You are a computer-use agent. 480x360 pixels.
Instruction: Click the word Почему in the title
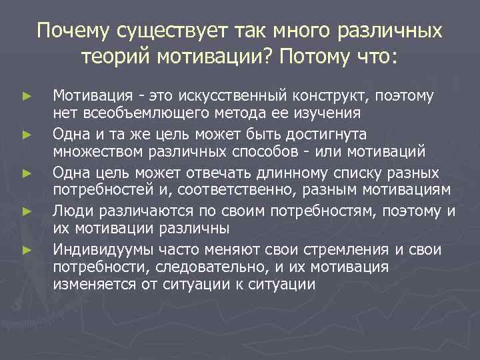[74, 31]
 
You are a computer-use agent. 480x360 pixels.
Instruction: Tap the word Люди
[72, 213]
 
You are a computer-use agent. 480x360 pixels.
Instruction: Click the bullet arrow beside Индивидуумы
[27, 251]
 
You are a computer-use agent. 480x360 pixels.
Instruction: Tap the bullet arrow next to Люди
[27, 213]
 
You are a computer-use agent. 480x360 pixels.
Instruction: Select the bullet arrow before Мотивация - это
[27, 97]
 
